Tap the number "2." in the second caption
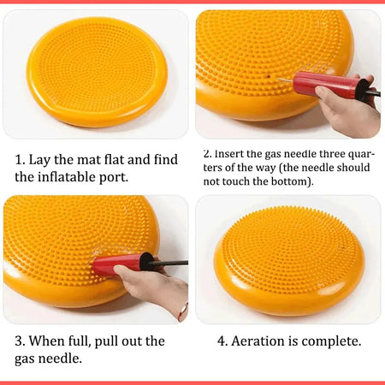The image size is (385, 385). tap(208, 154)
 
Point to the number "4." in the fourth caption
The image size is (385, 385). tap(222, 341)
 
